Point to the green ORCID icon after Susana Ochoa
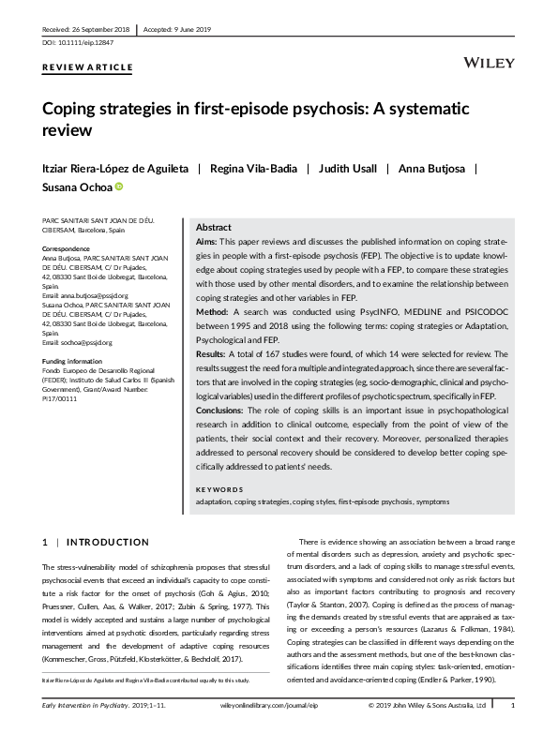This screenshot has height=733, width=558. (119, 187)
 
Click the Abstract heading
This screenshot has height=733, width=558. (214, 228)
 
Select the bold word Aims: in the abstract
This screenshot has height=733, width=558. (206, 242)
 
